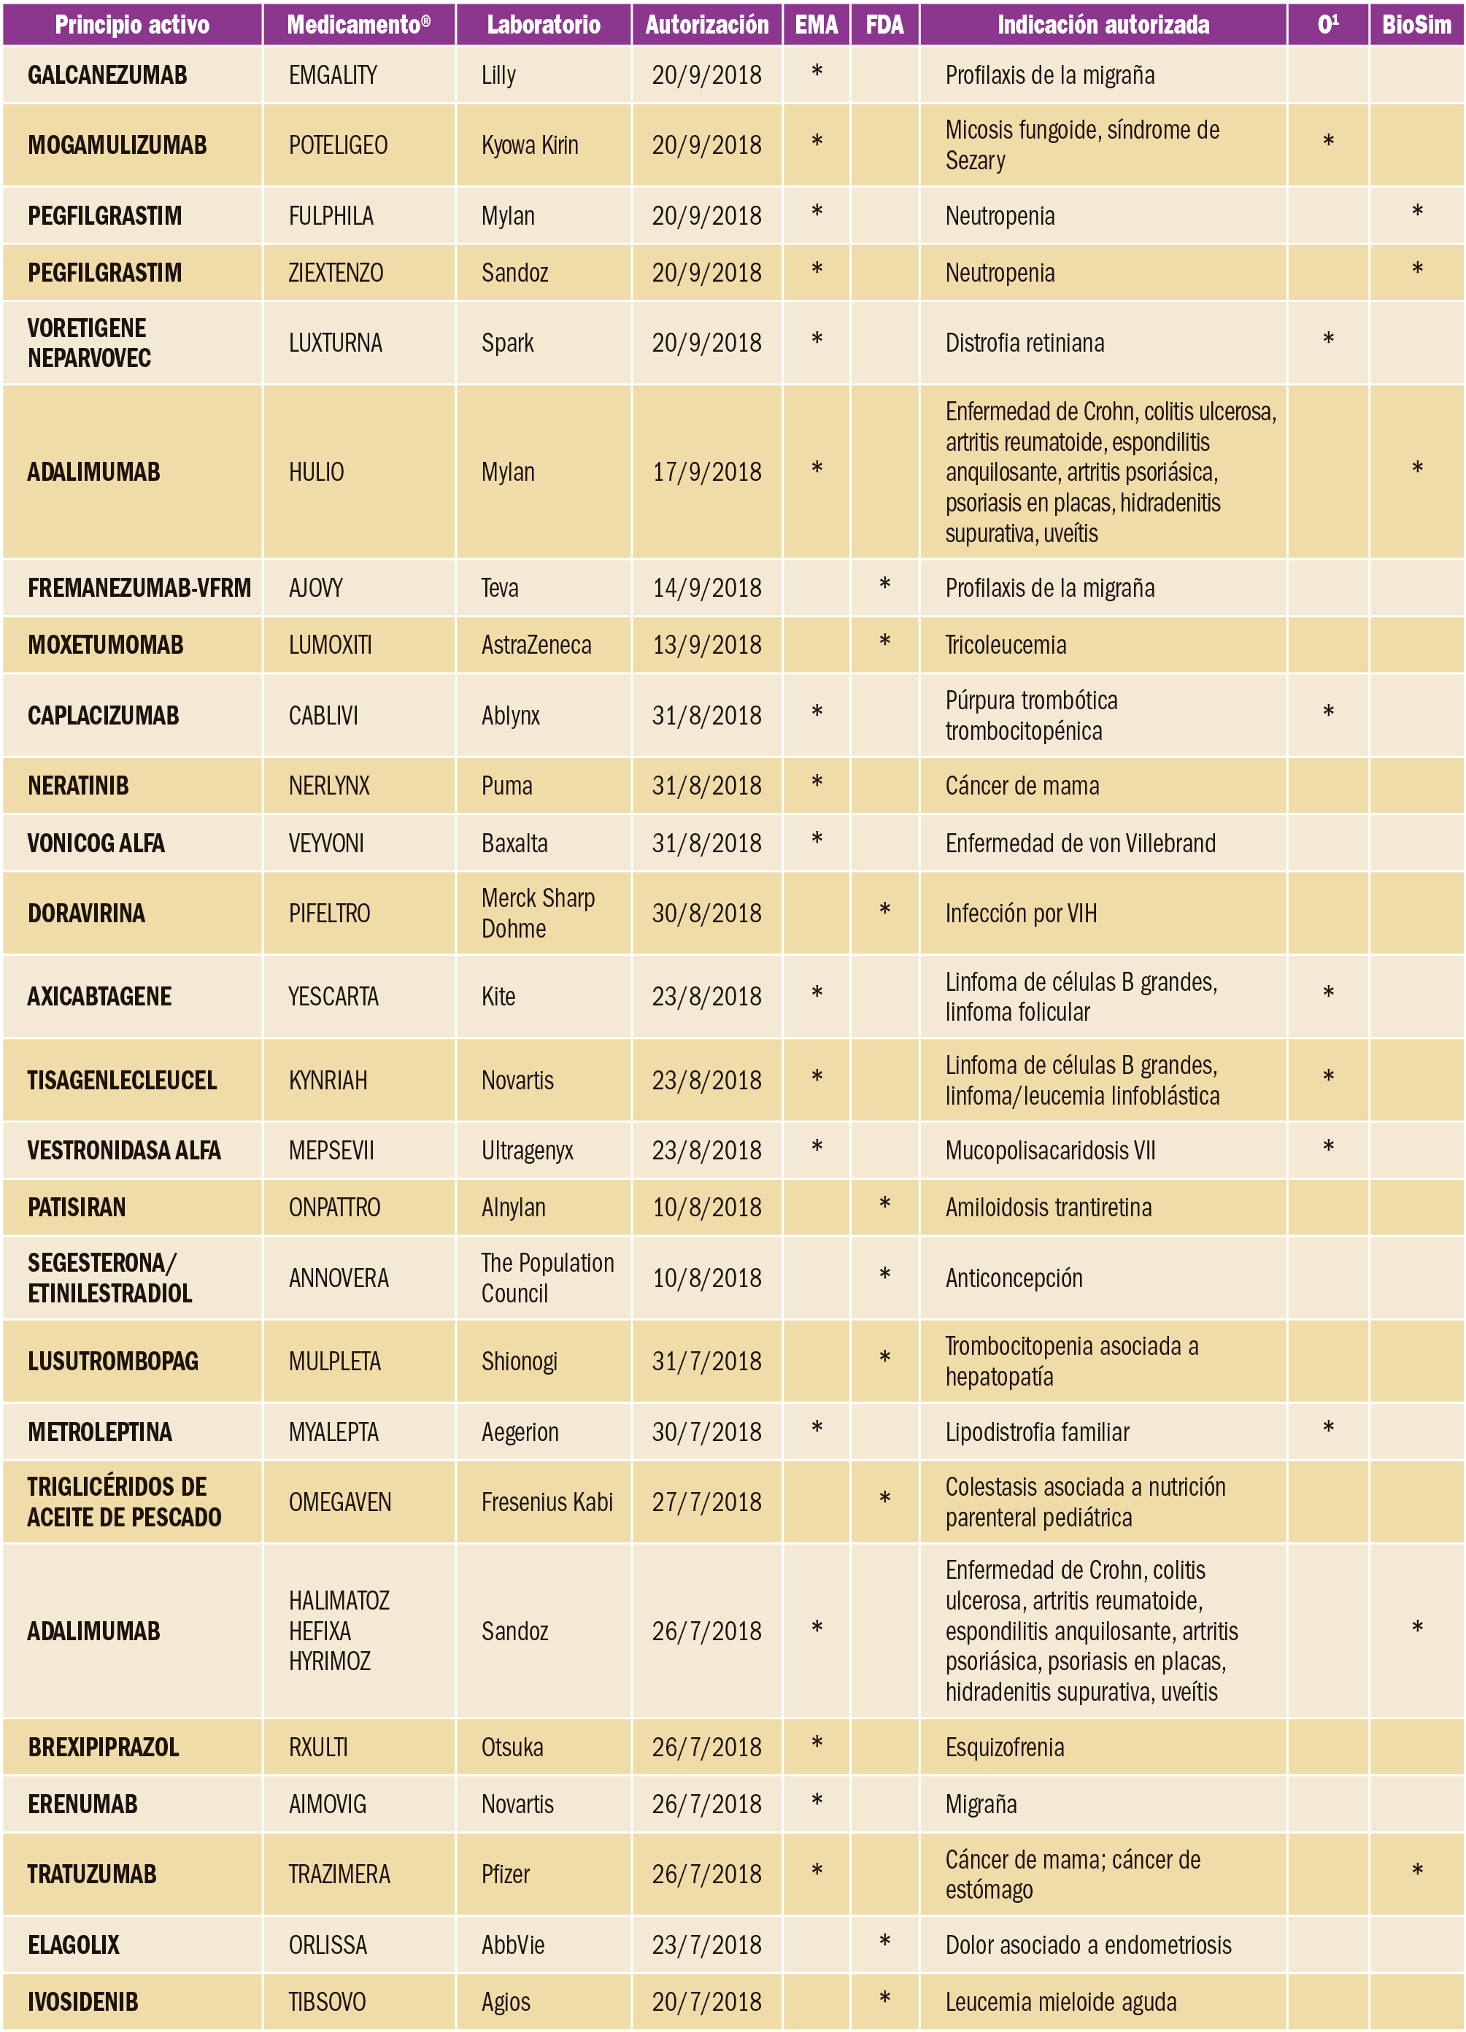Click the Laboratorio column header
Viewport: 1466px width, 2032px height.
pos(543,24)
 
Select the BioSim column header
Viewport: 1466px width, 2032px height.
pos(1416,24)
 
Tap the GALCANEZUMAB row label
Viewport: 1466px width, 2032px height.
pos(107,75)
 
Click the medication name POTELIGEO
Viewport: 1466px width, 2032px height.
pos(338,145)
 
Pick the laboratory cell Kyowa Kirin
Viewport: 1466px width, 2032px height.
pos(530,145)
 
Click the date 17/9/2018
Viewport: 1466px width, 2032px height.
pos(706,472)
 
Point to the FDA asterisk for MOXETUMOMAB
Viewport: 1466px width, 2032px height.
pos(884,641)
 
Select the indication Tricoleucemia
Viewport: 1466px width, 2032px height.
pos(1006,645)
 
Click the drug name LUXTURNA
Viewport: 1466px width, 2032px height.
pos(335,343)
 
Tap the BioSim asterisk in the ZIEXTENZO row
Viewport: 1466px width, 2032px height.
pos(1416,269)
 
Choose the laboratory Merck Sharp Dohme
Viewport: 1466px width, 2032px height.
pos(538,913)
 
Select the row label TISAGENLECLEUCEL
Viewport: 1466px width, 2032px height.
pos(122,1081)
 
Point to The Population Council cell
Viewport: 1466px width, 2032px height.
pos(547,1278)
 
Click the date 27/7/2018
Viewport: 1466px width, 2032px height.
pos(706,1502)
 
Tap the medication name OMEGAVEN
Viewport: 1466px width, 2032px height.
pos(339,1502)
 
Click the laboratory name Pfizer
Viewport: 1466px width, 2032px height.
pos(506,1874)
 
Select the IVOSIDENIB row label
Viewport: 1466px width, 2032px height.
pos(83,2001)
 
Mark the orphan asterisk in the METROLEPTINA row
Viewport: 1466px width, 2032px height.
pos(1328,1428)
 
